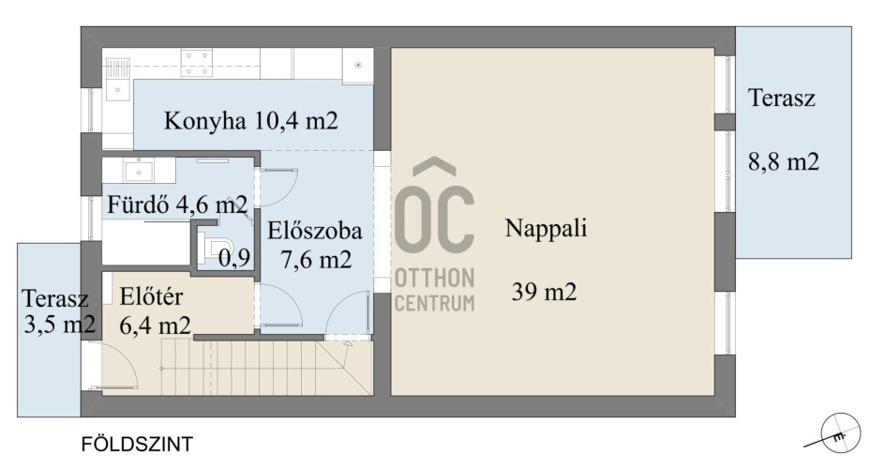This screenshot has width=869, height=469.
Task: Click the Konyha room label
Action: [x=204, y=121]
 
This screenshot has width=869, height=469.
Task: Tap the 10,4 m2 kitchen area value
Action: [x=295, y=120]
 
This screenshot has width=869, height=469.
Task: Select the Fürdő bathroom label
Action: [x=138, y=204]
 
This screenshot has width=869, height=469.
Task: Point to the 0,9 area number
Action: [x=234, y=257]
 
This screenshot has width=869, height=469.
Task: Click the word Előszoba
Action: [x=315, y=231]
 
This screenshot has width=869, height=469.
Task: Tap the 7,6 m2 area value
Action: [x=316, y=259]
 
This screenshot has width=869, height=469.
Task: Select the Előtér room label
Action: [x=151, y=296]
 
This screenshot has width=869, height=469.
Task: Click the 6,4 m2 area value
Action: [x=156, y=325]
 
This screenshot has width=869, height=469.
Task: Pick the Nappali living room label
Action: [x=546, y=228]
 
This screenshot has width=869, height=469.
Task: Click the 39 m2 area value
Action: [x=545, y=291]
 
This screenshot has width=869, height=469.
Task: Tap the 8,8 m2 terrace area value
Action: [x=784, y=161]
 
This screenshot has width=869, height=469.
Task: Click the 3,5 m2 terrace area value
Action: [x=60, y=324]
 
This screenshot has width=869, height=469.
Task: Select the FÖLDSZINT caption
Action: [x=137, y=444]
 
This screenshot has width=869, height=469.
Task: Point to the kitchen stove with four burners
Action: [x=197, y=63]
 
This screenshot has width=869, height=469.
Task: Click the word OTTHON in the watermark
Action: [x=435, y=278]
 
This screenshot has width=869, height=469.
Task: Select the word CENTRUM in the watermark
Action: [x=435, y=303]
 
